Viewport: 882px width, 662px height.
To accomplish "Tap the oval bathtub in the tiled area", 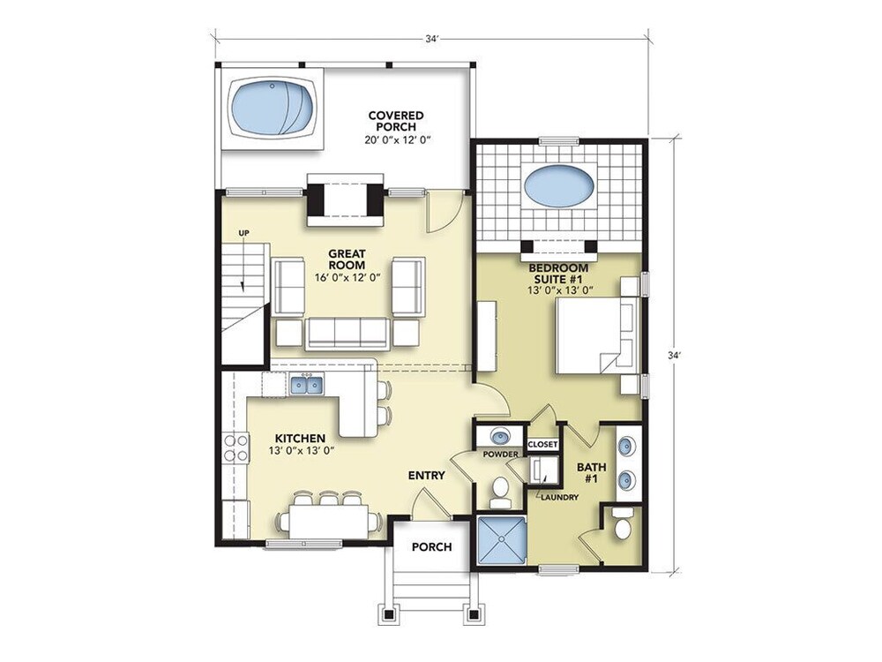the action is [559, 184].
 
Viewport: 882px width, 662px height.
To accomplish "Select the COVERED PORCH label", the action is [396, 121].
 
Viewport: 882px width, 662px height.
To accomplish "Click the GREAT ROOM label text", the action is [347, 259].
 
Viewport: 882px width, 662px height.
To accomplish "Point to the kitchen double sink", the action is [307, 385].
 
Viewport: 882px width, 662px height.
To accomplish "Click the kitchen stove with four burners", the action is [235, 448].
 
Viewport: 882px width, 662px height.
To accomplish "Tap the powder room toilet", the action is [498, 491].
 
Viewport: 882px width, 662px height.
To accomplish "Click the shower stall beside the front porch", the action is [501, 540].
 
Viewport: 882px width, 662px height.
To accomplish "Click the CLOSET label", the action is [542, 444].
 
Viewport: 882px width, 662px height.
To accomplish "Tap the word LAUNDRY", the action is [559, 497].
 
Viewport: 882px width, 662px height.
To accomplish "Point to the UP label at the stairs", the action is [243, 232].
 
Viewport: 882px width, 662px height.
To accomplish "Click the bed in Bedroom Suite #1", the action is [597, 335].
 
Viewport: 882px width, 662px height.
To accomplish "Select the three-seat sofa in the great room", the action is [347, 334].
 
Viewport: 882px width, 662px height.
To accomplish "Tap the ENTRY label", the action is [426, 475].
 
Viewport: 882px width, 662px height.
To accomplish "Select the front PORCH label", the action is [431, 546].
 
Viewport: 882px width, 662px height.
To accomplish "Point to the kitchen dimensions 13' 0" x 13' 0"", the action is [302, 450].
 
